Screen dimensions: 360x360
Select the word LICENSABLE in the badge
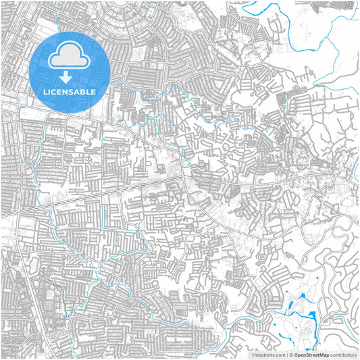point(69,91)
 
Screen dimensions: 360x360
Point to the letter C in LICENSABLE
point(54,91)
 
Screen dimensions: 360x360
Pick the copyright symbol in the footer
point(290,354)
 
